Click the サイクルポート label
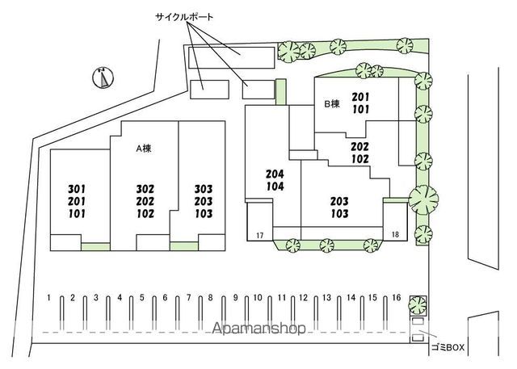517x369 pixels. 184,17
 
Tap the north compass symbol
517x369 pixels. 103,78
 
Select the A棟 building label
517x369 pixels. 144,149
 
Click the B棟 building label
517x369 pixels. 332,104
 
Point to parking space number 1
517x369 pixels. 48,298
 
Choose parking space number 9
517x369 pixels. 235,298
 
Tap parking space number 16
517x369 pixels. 397,298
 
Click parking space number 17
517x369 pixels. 260,235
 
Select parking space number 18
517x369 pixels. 395,235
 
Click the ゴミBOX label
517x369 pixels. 448,347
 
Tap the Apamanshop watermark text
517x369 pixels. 258,328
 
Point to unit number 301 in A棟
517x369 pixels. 77,189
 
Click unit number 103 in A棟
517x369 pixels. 204,214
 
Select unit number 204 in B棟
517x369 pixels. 275,174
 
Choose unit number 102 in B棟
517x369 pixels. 359,159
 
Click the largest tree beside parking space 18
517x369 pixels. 423,199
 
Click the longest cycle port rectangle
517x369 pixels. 232,57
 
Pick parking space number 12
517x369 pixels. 304,298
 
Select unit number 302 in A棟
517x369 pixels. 145,189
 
